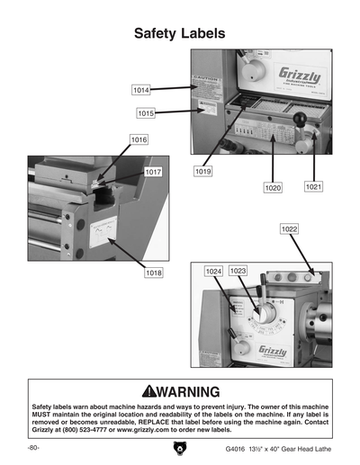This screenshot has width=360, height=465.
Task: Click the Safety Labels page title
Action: [x=179, y=34]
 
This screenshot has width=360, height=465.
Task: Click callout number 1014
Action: [x=140, y=91]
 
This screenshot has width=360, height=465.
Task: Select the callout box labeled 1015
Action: [x=147, y=113]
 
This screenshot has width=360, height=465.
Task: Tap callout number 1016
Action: [x=139, y=140]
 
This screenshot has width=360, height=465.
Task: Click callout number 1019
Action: [x=203, y=170]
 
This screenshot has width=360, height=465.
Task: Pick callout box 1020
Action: [x=274, y=188]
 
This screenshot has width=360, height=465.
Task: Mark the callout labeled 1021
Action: [x=313, y=186]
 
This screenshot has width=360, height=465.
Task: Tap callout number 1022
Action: [x=289, y=229]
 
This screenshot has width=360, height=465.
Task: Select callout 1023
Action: [x=238, y=271]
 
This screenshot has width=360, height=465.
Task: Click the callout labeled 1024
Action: [x=213, y=271]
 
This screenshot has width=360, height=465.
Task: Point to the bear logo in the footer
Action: [x=179, y=449]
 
